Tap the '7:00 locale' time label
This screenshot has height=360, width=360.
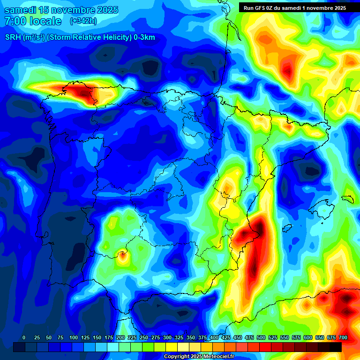coord(33,21)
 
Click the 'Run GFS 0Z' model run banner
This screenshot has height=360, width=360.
coord(295,7)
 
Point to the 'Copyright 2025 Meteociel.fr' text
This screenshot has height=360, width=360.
coord(199,356)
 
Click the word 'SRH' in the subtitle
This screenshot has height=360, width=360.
coord(13,37)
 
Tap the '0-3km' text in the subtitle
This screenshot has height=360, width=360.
coord(143,37)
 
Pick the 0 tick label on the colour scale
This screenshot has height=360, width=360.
coord(24,337)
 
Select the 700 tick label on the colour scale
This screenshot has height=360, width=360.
coord(343,337)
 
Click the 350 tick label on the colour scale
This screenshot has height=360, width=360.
coord(191,337)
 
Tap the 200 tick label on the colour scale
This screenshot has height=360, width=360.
coord(120,337)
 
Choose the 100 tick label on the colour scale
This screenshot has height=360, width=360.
coord(74,337)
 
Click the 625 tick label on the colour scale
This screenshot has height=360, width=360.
coord(320,337)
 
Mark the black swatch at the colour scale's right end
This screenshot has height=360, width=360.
coord(336,347)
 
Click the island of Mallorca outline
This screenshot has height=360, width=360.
coord(323,206)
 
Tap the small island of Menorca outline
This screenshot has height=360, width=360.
coord(347,198)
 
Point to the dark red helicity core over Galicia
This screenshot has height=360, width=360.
coord(84,93)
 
